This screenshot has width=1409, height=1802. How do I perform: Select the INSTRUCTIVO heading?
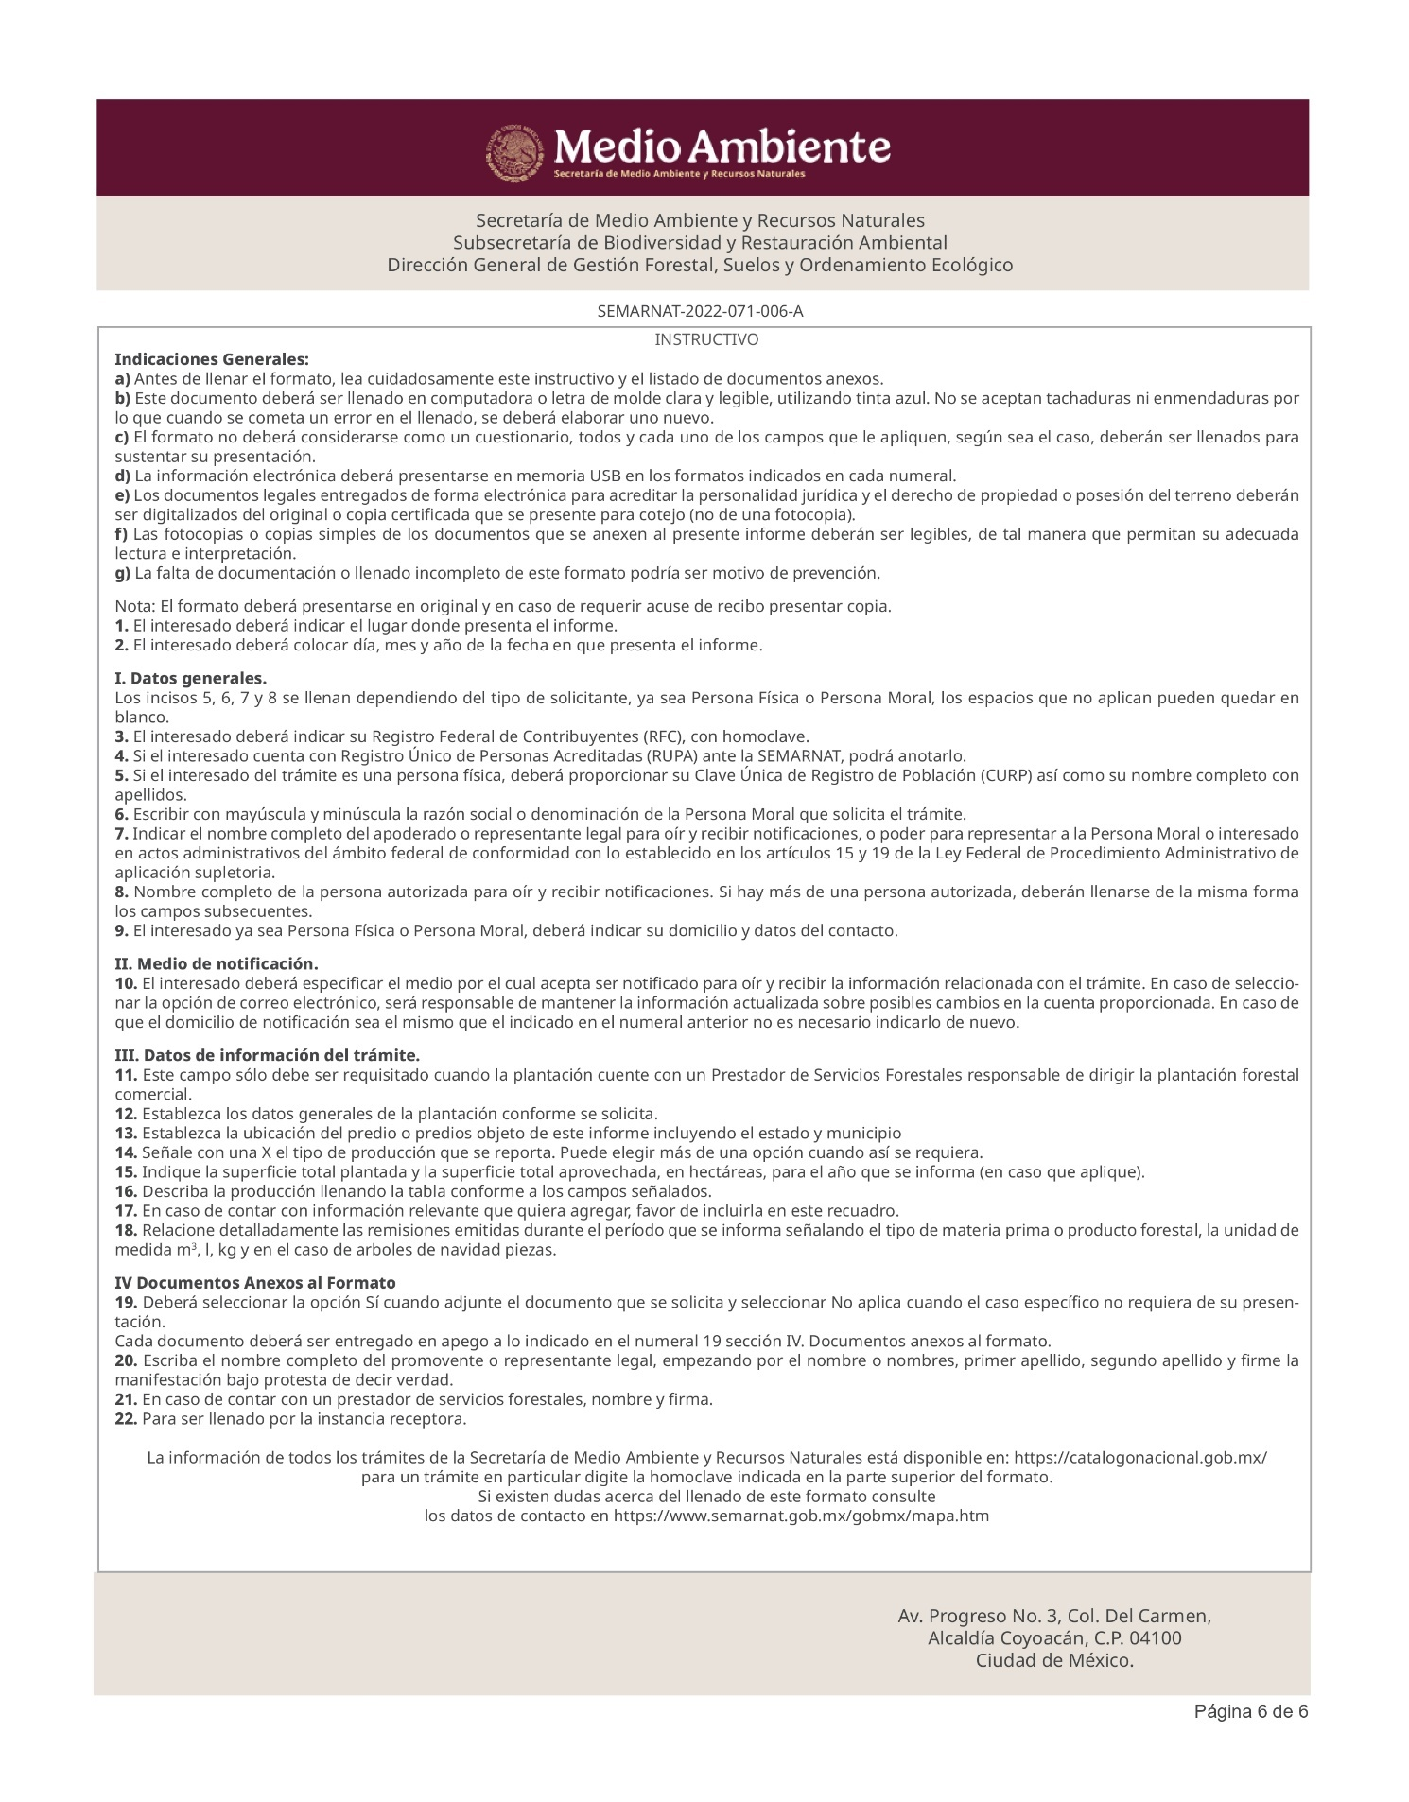[x=706, y=339]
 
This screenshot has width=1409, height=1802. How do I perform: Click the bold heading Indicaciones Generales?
[x=212, y=359]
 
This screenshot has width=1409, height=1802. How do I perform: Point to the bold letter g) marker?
[x=123, y=573]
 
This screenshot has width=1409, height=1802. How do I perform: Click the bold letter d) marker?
[x=123, y=476]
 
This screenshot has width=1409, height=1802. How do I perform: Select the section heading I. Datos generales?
[x=191, y=679]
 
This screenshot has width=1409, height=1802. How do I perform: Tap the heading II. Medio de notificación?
[x=217, y=963]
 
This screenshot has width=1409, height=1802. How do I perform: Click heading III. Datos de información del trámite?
[x=268, y=1055]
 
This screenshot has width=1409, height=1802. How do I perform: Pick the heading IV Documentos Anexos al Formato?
[x=255, y=1283]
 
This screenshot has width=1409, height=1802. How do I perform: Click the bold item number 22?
[x=127, y=1419]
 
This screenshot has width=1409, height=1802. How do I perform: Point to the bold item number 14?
[x=127, y=1152]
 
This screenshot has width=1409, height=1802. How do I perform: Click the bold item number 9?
[x=122, y=930]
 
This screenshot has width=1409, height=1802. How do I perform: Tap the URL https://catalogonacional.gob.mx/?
[x=1140, y=1458]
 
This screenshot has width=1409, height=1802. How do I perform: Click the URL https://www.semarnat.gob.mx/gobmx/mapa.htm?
[x=801, y=1516]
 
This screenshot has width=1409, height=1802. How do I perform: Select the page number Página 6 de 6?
[x=1250, y=1712]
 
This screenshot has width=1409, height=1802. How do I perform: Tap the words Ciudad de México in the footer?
[x=1054, y=1661]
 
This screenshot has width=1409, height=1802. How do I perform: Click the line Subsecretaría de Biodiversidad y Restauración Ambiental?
[x=700, y=243]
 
